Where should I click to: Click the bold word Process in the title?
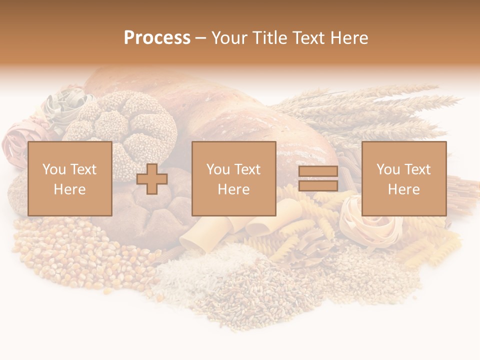[x=157, y=38]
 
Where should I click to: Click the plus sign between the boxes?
[x=152, y=179]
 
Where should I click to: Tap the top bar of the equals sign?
[x=318, y=171]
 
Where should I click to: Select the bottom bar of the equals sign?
[x=318, y=186]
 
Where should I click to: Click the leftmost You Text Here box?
[x=70, y=178]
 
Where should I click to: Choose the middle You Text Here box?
[x=233, y=178]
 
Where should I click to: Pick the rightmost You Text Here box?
[x=404, y=178]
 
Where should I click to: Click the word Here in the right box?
[x=404, y=189]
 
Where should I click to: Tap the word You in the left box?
[x=53, y=169]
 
